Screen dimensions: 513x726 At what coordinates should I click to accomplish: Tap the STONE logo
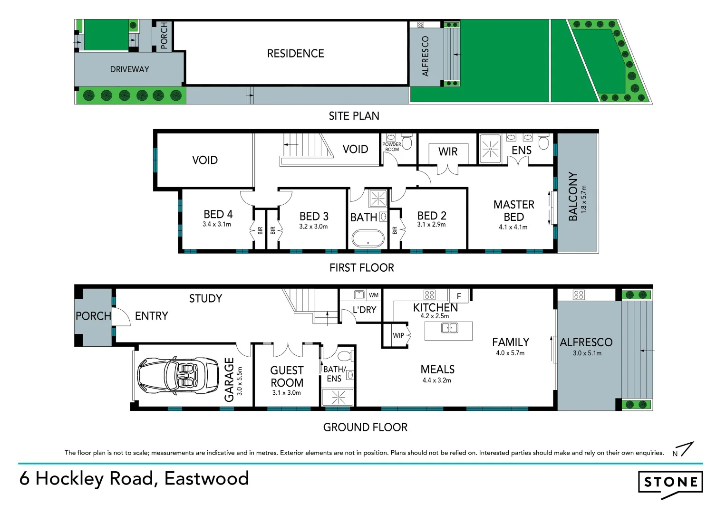click(670, 483)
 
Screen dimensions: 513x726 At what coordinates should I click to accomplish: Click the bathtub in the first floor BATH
click(368, 238)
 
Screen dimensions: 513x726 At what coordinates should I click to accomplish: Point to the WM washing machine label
click(374, 295)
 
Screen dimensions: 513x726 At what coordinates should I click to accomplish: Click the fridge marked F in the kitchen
click(459, 296)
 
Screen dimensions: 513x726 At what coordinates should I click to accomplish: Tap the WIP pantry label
click(398, 335)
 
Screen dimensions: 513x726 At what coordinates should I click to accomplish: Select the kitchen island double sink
click(449, 328)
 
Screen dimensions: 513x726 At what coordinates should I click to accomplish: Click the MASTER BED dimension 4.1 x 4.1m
click(513, 227)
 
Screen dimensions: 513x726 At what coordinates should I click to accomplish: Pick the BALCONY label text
click(573, 196)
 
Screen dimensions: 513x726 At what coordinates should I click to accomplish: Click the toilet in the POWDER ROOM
click(407, 143)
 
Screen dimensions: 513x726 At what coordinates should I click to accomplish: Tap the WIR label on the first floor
click(448, 152)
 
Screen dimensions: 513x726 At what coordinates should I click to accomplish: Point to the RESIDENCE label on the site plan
click(295, 54)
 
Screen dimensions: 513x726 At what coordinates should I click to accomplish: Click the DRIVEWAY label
click(129, 69)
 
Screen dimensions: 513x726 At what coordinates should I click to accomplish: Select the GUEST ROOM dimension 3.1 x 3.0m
click(286, 393)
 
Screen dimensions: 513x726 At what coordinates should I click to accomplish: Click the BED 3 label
click(314, 216)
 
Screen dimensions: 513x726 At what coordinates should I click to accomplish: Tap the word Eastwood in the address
click(206, 478)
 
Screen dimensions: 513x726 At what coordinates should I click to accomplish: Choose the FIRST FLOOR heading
click(361, 268)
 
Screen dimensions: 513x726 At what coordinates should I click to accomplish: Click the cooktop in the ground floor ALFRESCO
click(579, 295)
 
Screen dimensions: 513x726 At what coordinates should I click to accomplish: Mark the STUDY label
click(205, 298)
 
